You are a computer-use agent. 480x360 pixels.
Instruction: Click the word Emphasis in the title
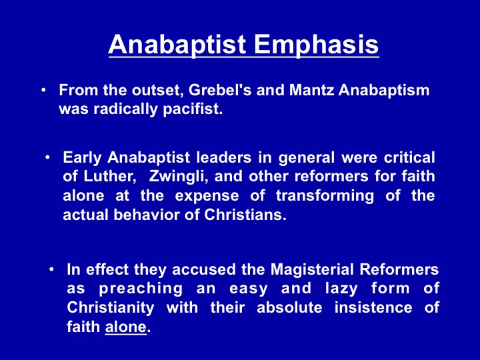(317, 45)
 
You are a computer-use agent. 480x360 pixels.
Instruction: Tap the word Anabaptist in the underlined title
(177, 45)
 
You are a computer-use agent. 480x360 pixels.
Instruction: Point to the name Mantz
(311, 90)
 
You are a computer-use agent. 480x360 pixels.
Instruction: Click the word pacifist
(193, 109)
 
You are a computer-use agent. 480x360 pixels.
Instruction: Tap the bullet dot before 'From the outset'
(43, 90)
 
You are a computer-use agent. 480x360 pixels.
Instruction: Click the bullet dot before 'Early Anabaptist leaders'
(47, 158)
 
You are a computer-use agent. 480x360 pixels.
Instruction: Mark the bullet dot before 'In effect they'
(51, 270)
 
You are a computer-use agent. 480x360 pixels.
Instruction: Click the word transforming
(325, 196)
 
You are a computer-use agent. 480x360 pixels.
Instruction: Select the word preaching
(141, 289)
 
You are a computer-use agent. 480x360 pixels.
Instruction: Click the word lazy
(341, 289)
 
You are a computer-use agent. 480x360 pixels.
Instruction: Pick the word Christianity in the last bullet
(111, 308)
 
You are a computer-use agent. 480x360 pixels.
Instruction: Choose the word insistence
(373, 307)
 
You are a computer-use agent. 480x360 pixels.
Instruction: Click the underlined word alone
(126, 327)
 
